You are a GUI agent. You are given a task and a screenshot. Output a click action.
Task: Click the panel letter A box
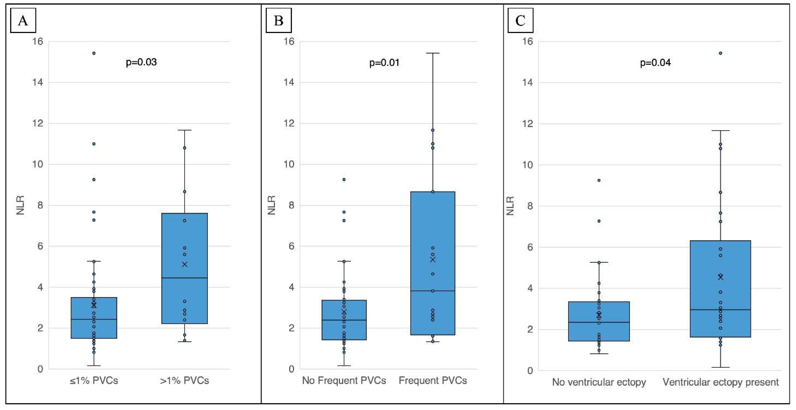(23, 21)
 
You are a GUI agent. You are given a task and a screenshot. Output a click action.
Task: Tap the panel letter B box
(278, 21)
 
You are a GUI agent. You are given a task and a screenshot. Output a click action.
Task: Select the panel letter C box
(520, 21)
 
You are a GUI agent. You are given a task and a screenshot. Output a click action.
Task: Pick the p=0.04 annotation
(655, 63)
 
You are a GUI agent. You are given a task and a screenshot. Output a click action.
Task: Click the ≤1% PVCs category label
(94, 380)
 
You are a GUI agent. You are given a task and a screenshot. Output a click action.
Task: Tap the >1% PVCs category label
(184, 380)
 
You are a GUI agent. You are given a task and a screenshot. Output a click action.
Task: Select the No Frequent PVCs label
(344, 380)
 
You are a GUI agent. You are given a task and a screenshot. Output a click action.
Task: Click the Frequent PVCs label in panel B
(433, 380)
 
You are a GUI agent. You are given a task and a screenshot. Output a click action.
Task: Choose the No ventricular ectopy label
(599, 382)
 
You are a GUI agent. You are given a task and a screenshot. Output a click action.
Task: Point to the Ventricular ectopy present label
(720, 382)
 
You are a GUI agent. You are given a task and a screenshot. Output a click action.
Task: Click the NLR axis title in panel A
(20, 205)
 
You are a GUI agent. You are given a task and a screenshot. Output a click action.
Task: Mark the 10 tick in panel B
(289, 164)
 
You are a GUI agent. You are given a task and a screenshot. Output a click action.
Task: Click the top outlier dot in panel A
(94, 53)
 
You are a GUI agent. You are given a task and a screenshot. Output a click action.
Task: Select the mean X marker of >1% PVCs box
(184, 264)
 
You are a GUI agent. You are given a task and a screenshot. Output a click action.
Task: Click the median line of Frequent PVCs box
(433, 291)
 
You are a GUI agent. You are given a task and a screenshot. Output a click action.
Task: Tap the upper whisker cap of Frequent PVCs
(433, 53)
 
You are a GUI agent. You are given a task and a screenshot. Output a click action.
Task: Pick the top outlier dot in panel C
(720, 53)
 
